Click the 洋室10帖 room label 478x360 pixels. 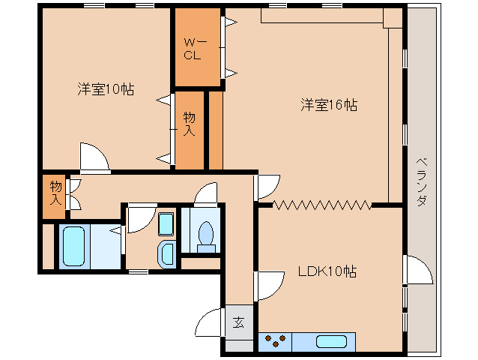click(x=106, y=89)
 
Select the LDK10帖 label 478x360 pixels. click(x=327, y=271)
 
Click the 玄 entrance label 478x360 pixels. click(x=238, y=323)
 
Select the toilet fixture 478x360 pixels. click(x=205, y=233)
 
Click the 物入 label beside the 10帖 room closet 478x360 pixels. click(x=190, y=124)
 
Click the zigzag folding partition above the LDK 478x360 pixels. click(x=322, y=203)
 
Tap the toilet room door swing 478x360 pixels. click(x=205, y=194)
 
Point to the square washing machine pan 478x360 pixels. click(x=166, y=224)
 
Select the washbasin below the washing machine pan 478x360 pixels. click(x=166, y=253)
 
